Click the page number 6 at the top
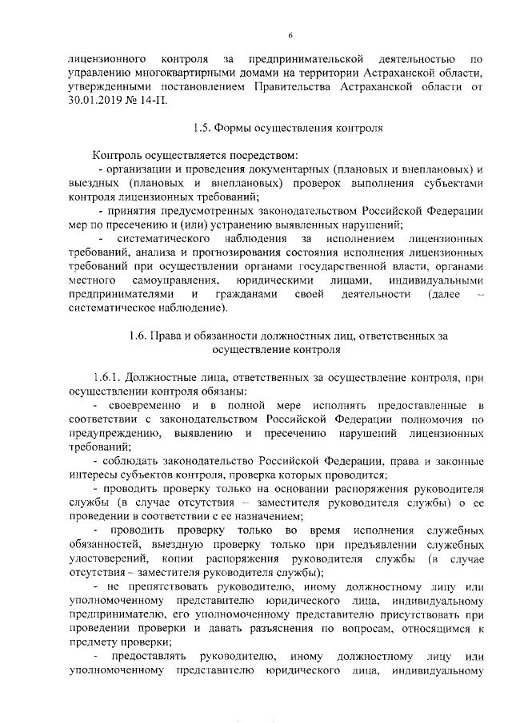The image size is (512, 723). tap(290, 34)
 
